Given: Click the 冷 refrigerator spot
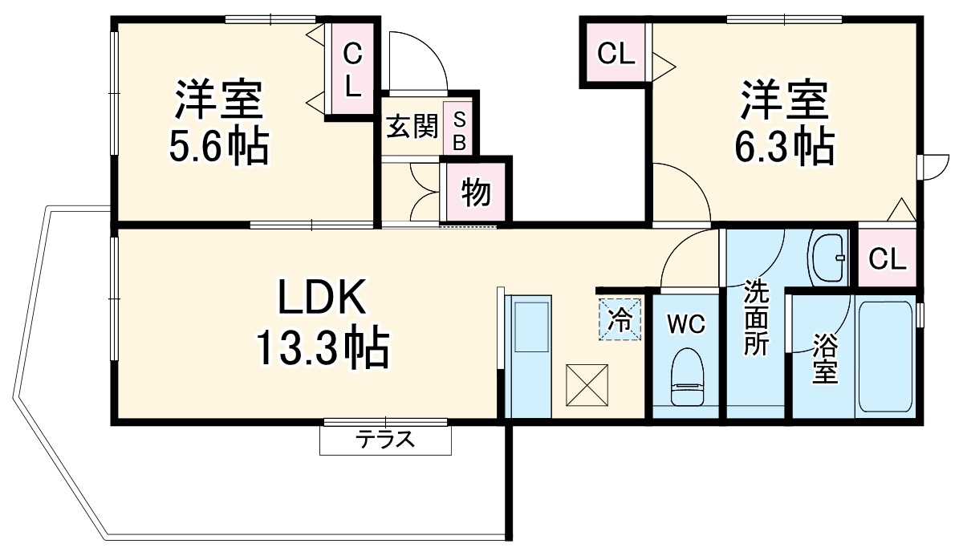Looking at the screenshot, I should [620, 319].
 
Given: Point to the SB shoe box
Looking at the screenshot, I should [459, 131].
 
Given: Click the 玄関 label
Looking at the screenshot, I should [412, 127].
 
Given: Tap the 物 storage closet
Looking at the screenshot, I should [476, 192].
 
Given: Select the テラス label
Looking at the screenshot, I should [385, 439].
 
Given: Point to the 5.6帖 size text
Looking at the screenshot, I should [218, 146].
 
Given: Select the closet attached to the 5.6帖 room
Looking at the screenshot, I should [352, 71].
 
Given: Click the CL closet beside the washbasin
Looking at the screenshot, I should [887, 258].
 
